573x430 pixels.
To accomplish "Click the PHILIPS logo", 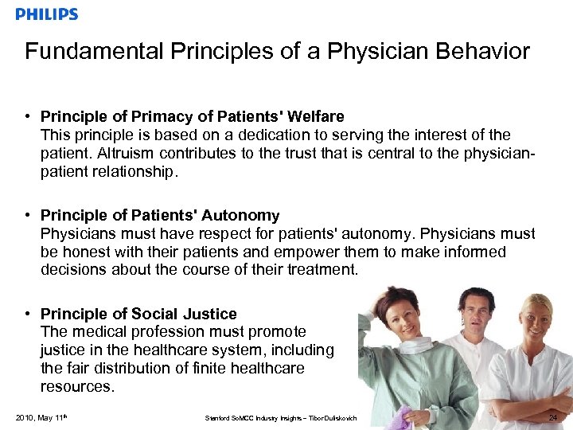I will coord(47,14).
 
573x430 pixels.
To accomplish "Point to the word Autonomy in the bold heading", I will coord(240,215).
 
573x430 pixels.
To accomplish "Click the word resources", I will coord(77,386).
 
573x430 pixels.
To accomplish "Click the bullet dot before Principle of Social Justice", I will coord(28,314).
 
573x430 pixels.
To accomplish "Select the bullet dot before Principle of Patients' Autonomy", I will coord(28,215).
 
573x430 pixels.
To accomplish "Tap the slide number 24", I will coord(555,417).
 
